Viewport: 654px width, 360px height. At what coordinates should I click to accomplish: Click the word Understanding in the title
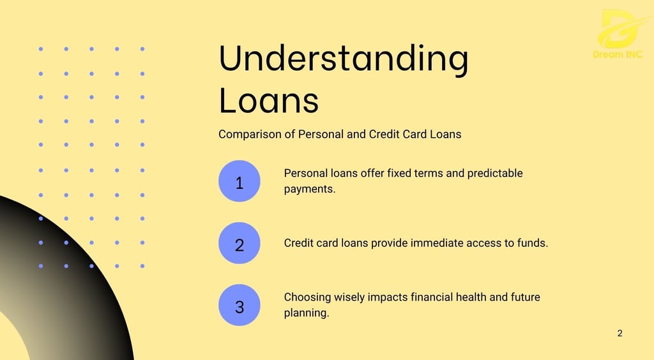[344, 59]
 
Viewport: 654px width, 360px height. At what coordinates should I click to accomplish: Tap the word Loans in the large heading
[269, 100]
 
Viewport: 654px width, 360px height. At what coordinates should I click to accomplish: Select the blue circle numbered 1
[240, 181]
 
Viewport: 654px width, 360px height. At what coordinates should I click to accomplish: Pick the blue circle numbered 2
[240, 243]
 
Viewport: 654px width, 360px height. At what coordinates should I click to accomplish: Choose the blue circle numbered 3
[240, 305]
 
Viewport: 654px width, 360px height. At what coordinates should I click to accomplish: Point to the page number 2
[620, 333]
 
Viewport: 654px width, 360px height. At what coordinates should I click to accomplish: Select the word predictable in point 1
[495, 174]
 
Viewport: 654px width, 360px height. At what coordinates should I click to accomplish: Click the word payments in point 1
[310, 190]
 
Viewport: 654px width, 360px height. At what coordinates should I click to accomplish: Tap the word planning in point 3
[307, 313]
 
